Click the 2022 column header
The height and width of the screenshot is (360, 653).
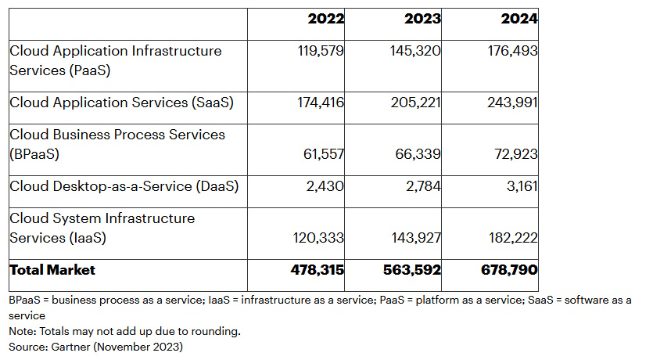[325, 19]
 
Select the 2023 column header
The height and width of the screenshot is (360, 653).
[422, 19]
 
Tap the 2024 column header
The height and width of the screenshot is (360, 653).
[519, 19]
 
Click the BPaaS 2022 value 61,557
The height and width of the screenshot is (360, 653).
[324, 154]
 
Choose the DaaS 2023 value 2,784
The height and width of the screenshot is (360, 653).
[424, 186]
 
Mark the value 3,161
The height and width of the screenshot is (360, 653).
[522, 186]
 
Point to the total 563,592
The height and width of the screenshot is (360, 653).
[412, 270]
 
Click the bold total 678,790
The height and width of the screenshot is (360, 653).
[509, 270]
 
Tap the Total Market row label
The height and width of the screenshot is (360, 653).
[52, 270]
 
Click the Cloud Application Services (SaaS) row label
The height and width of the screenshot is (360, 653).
[121, 103]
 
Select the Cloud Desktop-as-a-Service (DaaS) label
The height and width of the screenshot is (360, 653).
[124, 186]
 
